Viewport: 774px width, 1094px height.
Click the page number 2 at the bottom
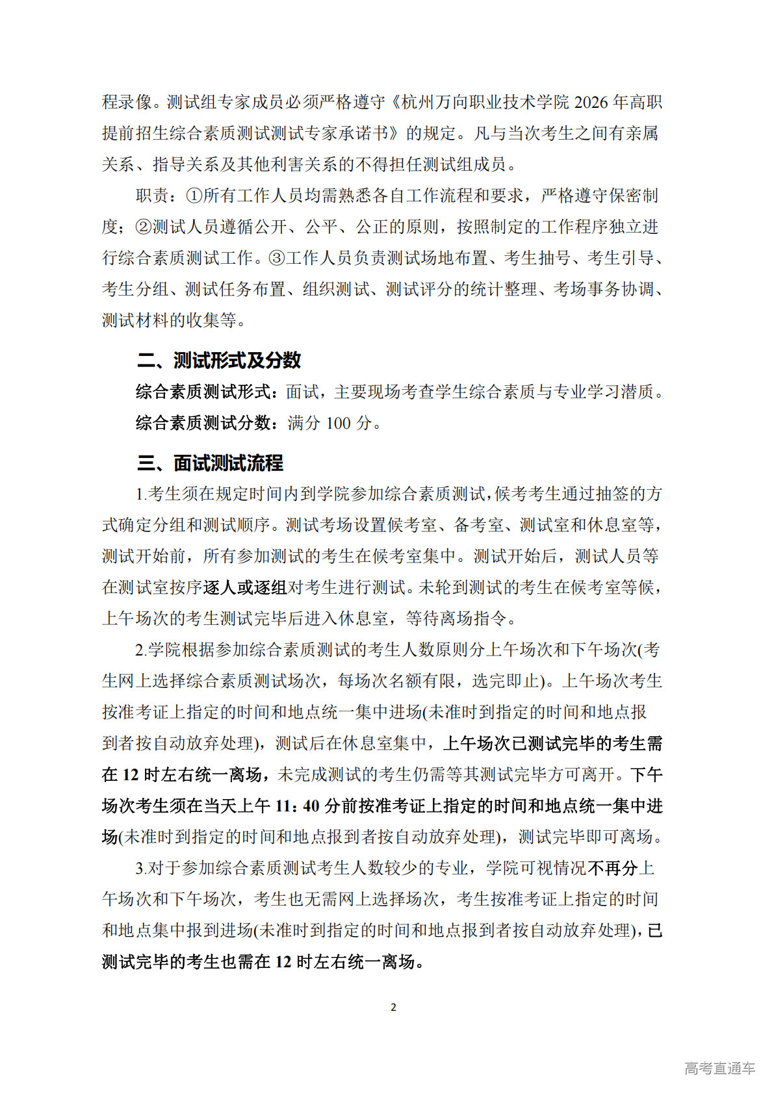393,1007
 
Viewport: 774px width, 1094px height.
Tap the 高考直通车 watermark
719,1068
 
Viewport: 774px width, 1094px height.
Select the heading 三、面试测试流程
210,463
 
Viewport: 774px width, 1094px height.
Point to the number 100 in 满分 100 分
338,423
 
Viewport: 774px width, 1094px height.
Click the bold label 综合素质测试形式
203,392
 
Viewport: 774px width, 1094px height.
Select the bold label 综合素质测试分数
203,423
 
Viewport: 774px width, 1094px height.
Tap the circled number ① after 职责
194,196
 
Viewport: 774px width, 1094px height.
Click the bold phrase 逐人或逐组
245,587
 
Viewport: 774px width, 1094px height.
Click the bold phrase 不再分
613,868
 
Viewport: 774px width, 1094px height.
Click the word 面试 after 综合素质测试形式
302,392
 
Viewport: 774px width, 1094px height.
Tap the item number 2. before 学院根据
141,650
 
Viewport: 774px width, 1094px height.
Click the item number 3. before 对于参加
141,868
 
